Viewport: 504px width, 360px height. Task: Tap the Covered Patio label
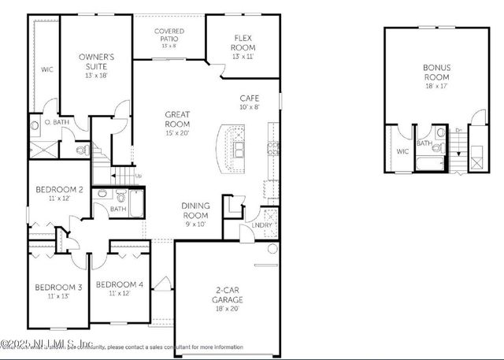[x=169, y=34]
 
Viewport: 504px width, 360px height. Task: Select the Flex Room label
[x=243, y=42]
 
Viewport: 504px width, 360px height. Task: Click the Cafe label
[x=250, y=97]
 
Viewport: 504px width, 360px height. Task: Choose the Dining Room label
[x=195, y=210]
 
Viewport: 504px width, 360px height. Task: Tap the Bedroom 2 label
[x=59, y=189]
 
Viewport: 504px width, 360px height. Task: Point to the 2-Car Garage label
[x=228, y=295]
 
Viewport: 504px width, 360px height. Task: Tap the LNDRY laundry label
[x=262, y=226]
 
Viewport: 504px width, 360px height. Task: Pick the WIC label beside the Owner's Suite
[x=46, y=70]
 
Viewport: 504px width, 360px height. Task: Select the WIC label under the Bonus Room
[x=402, y=151]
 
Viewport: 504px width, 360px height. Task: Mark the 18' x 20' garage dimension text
[x=228, y=309]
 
